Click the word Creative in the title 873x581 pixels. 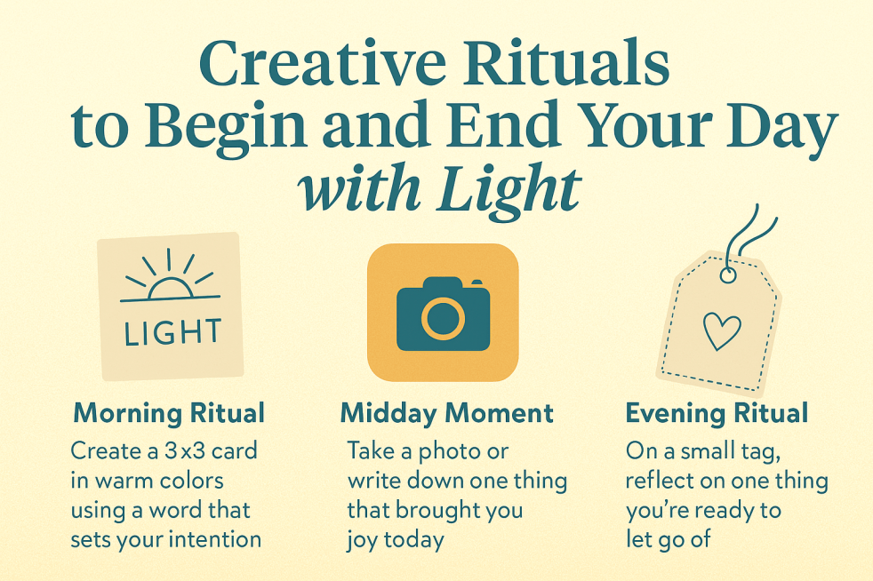(x=323, y=62)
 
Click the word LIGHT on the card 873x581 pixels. (x=172, y=332)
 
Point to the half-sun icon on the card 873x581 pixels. (x=169, y=276)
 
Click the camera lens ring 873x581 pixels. (x=444, y=318)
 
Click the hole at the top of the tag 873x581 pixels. (x=728, y=275)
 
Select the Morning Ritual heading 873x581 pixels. (x=169, y=413)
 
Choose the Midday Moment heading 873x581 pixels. (x=446, y=413)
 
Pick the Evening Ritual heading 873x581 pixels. (x=717, y=413)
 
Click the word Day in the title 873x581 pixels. (x=781, y=127)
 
